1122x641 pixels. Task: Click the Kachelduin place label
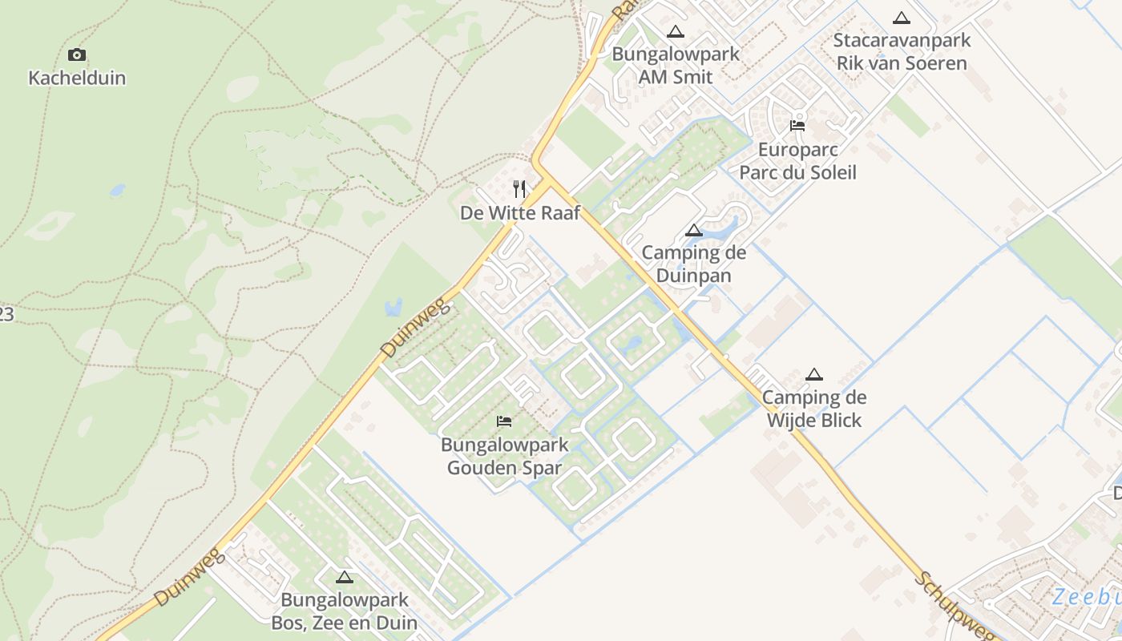pyautogui.click(x=77, y=78)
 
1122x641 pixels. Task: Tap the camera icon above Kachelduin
pyautogui.click(x=77, y=54)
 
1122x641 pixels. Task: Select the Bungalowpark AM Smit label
pyautogui.click(x=676, y=66)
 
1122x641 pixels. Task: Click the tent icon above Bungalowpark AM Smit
pyautogui.click(x=676, y=32)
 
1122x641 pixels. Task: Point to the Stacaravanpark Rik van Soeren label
pyautogui.click(x=902, y=51)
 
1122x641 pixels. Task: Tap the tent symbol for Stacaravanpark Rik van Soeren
pyautogui.click(x=902, y=18)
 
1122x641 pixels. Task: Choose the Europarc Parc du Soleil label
pyautogui.click(x=797, y=161)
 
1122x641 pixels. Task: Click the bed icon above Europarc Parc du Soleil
pyautogui.click(x=797, y=125)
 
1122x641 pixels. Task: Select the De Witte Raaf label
pyautogui.click(x=519, y=213)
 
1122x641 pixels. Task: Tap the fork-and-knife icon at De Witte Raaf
pyautogui.click(x=519, y=189)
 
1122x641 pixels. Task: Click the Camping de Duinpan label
pyautogui.click(x=694, y=264)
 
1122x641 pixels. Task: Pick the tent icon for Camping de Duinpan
pyautogui.click(x=694, y=231)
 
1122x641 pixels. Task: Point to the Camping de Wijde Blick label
pyautogui.click(x=814, y=409)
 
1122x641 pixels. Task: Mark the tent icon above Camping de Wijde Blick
pyautogui.click(x=814, y=374)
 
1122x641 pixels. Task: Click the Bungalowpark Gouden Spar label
pyautogui.click(x=504, y=456)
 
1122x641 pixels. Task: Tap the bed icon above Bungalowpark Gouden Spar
pyautogui.click(x=504, y=421)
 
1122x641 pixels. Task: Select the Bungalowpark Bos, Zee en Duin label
pyautogui.click(x=344, y=611)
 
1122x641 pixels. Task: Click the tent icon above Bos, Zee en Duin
pyautogui.click(x=345, y=577)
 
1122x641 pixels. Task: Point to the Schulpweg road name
pyautogui.click(x=955, y=607)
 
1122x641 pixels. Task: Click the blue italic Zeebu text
pyautogui.click(x=1086, y=597)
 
